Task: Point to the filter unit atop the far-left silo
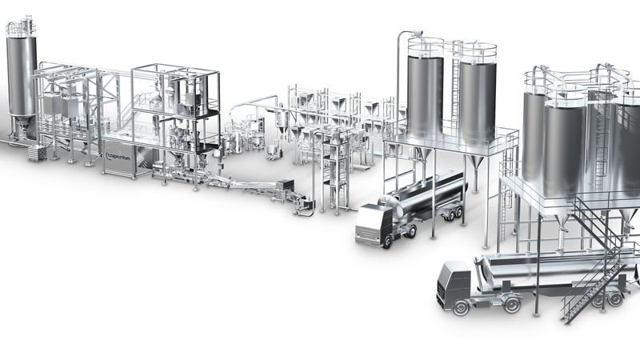(x=21, y=28)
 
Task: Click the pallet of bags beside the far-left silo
(x=37, y=153)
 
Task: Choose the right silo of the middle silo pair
(x=478, y=96)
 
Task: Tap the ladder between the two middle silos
(x=453, y=88)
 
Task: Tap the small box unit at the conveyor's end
(x=302, y=206)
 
